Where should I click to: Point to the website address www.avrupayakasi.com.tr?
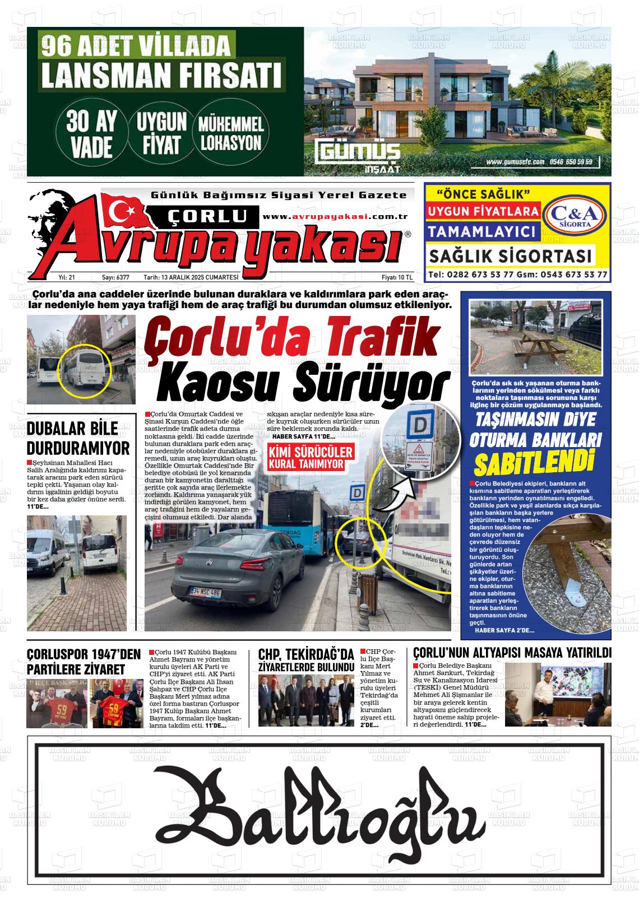pos(335,217)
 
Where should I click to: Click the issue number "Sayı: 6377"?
pos(115,277)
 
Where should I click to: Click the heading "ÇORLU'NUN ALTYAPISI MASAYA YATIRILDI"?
pos(512,653)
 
